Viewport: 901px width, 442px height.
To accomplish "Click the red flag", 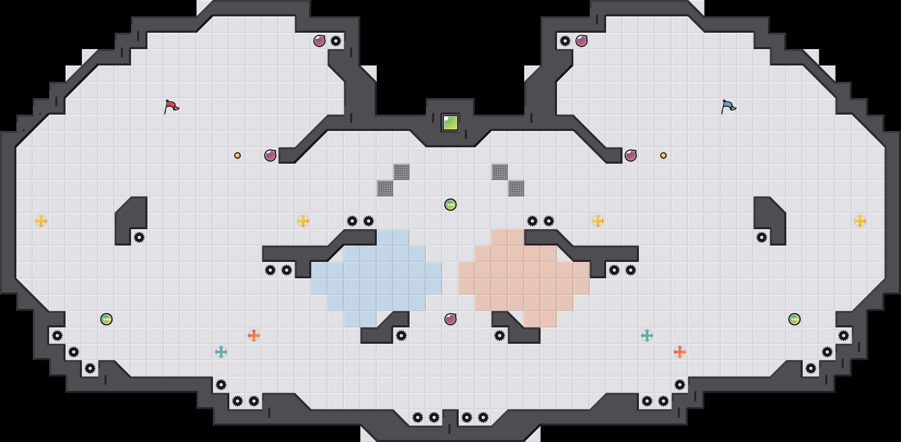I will point(171,106).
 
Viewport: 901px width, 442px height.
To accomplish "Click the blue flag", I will point(728,106).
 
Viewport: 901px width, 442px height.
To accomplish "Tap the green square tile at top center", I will point(450,123).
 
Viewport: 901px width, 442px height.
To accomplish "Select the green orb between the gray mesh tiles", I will point(450,205).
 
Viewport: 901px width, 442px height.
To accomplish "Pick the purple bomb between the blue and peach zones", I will point(450,319).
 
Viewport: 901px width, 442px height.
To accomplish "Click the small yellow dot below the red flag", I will point(238,156).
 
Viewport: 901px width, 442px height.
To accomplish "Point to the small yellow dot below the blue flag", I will point(663,156).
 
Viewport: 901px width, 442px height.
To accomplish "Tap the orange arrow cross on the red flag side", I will point(254,336).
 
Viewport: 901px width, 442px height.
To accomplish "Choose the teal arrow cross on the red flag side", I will point(221,352).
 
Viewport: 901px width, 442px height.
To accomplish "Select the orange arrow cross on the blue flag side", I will point(680,352).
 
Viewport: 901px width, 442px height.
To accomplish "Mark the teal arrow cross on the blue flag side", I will point(647,336).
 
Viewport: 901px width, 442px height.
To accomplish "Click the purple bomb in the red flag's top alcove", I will point(319,41).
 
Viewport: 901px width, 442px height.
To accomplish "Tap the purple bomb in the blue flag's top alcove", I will point(582,41).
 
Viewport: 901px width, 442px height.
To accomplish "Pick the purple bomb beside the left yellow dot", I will point(270,156).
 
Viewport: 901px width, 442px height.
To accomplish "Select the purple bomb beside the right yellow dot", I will point(631,156).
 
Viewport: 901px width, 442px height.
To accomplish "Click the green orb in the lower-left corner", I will point(106,319).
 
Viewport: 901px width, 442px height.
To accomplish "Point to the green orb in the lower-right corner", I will point(795,319).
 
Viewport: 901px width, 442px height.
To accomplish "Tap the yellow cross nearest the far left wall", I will point(41,221).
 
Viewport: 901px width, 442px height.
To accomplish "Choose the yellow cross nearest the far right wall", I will point(860,221).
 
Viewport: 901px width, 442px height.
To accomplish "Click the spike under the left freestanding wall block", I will point(139,237).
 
